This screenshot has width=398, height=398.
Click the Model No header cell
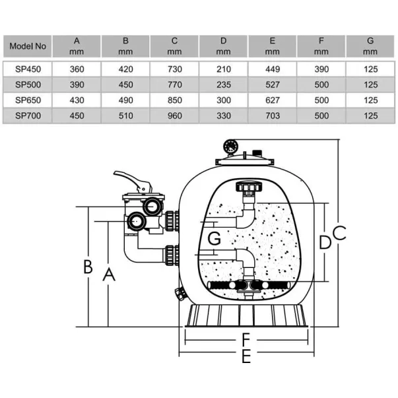(x=28, y=47)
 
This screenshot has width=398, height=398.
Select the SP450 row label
(x=28, y=68)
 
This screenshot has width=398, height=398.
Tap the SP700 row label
(x=28, y=116)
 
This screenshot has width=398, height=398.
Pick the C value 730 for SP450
(x=174, y=68)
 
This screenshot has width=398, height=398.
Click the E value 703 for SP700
(x=272, y=116)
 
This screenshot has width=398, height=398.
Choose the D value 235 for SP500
(x=223, y=84)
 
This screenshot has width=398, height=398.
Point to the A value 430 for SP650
(x=77, y=100)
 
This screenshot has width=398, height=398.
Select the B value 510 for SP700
(x=125, y=116)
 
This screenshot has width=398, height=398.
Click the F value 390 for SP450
(x=321, y=68)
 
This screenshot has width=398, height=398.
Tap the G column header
(x=370, y=46)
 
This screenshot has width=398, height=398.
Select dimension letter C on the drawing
(x=339, y=233)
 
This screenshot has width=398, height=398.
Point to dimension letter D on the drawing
(x=324, y=242)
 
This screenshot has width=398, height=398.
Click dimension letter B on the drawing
(x=88, y=267)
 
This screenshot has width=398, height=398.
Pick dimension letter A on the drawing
(x=108, y=273)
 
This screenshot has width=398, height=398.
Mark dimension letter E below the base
(x=246, y=357)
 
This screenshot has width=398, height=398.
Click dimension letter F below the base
(x=246, y=340)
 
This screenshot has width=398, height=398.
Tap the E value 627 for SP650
(x=272, y=100)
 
